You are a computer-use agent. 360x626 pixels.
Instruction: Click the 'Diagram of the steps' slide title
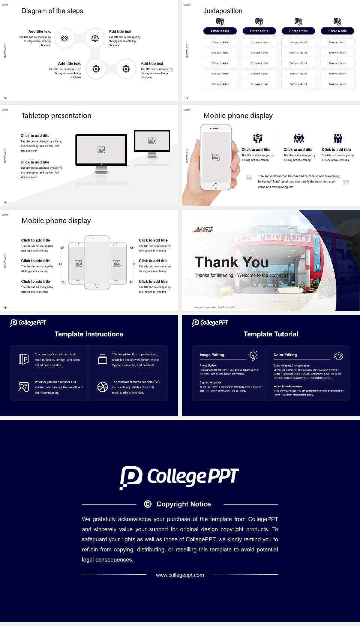(x=52, y=11)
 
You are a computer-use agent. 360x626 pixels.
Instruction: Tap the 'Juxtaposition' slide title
(x=223, y=11)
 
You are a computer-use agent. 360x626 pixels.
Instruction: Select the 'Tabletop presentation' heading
(x=56, y=115)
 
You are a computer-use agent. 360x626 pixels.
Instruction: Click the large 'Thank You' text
(x=232, y=262)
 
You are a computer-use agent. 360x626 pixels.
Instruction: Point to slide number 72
(x=5, y=97)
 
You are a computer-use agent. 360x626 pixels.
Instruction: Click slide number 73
(x=187, y=97)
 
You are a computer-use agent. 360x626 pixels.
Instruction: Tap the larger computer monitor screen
(x=101, y=150)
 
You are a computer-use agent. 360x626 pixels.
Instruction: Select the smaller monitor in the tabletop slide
(x=152, y=141)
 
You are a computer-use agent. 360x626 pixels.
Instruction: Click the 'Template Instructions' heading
(x=89, y=334)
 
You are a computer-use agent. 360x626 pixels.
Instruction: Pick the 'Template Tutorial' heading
(x=271, y=334)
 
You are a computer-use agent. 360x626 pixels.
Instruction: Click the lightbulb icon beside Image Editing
(x=253, y=355)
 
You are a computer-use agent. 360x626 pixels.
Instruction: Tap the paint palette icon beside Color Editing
(x=339, y=356)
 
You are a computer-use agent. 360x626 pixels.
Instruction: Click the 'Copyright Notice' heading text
(x=184, y=504)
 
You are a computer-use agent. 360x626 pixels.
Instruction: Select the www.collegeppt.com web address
(x=180, y=575)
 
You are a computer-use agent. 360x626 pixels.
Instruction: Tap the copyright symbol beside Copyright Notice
(x=148, y=504)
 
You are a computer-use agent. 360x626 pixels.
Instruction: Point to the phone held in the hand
(x=216, y=157)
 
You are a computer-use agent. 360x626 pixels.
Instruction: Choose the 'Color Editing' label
(x=285, y=355)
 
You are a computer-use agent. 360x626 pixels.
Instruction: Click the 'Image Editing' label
(x=212, y=355)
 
